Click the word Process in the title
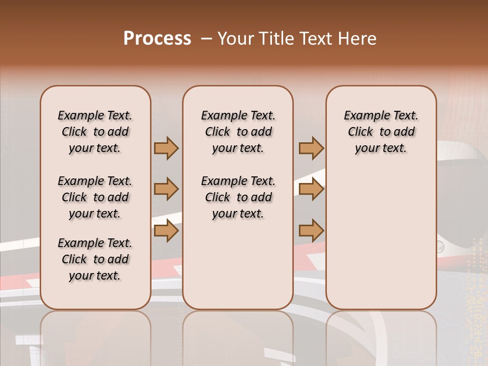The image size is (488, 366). (x=157, y=38)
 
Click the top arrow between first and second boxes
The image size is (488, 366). (x=166, y=148)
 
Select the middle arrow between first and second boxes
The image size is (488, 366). (x=166, y=189)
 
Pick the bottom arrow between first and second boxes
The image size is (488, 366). (x=166, y=231)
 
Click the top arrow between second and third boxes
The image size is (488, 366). (x=311, y=148)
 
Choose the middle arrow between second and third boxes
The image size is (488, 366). (x=311, y=189)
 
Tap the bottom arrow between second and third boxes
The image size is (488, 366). (x=311, y=231)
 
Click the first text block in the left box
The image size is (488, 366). (x=95, y=132)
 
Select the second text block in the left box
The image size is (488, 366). (x=95, y=197)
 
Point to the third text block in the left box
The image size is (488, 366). (x=95, y=259)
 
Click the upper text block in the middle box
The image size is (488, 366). (x=238, y=132)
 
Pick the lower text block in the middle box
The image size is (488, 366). (x=238, y=197)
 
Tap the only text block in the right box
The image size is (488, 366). (x=381, y=132)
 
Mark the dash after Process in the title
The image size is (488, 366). (x=206, y=38)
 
